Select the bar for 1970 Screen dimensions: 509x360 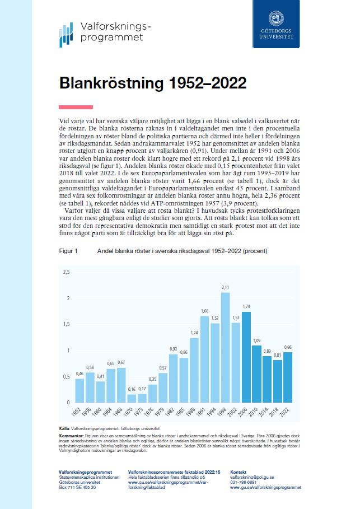click(x=132, y=398)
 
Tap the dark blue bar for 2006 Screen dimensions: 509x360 click(x=246, y=357)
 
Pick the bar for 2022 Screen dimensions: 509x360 click(x=288, y=377)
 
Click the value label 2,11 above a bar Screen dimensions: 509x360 click(x=225, y=288)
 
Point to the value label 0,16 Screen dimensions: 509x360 click(x=132, y=389)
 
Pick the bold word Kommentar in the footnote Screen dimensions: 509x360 click(x=70, y=435)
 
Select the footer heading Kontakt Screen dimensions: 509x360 click(x=239, y=472)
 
